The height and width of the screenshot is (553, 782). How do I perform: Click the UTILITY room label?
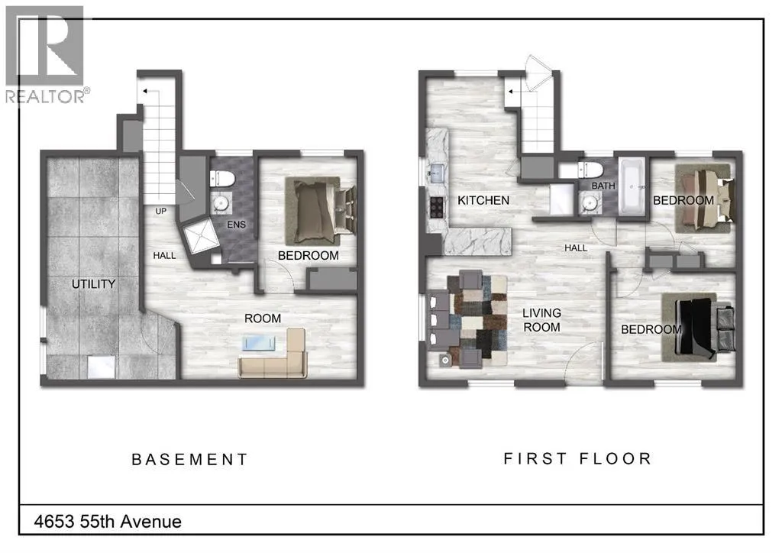[x=93, y=284]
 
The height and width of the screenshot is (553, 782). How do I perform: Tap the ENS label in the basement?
[x=237, y=225]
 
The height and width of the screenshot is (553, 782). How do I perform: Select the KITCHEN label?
[x=483, y=200]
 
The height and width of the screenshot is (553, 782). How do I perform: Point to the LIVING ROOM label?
[x=541, y=320]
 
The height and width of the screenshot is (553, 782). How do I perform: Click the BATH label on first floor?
[x=603, y=186]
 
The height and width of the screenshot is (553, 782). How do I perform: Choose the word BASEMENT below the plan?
[x=189, y=459]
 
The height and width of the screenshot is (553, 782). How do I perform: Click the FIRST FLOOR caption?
[x=577, y=458]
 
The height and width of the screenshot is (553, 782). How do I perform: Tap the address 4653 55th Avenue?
[x=108, y=522]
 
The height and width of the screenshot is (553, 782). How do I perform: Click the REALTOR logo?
[x=47, y=55]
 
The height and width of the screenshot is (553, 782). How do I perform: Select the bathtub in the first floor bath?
[x=632, y=186]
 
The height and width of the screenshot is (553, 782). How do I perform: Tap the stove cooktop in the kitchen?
[x=437, y=207]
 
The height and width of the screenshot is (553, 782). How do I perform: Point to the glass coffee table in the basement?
[x=258, y=343]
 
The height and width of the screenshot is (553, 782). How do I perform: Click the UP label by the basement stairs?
[x=160, y=212]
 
